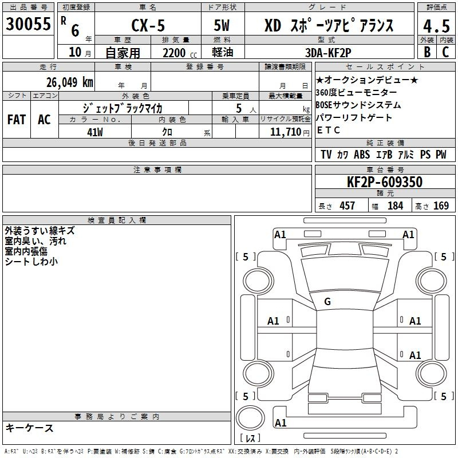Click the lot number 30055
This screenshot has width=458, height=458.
click(28, 24)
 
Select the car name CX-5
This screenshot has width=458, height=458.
click(148, 25)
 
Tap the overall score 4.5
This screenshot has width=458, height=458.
click(436, 26)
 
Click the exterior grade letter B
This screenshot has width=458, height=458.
click(427, 52)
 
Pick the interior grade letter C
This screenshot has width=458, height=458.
click(445, 52)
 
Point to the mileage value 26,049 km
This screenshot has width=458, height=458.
click(70, 82)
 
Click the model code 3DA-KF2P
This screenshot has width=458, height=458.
click(328, 53)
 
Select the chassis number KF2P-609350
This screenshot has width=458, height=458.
click(385, 182)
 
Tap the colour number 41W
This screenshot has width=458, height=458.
click(95, 132)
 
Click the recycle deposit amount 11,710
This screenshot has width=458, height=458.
click(286, 132)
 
